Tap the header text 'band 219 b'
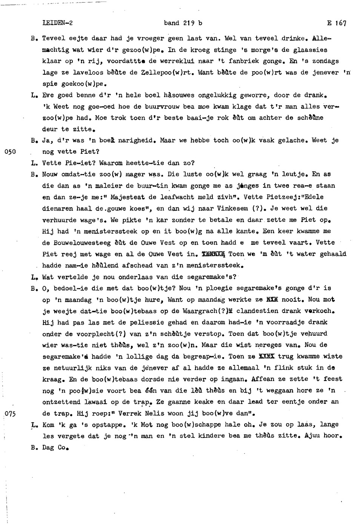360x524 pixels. [x=183, y=23]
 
